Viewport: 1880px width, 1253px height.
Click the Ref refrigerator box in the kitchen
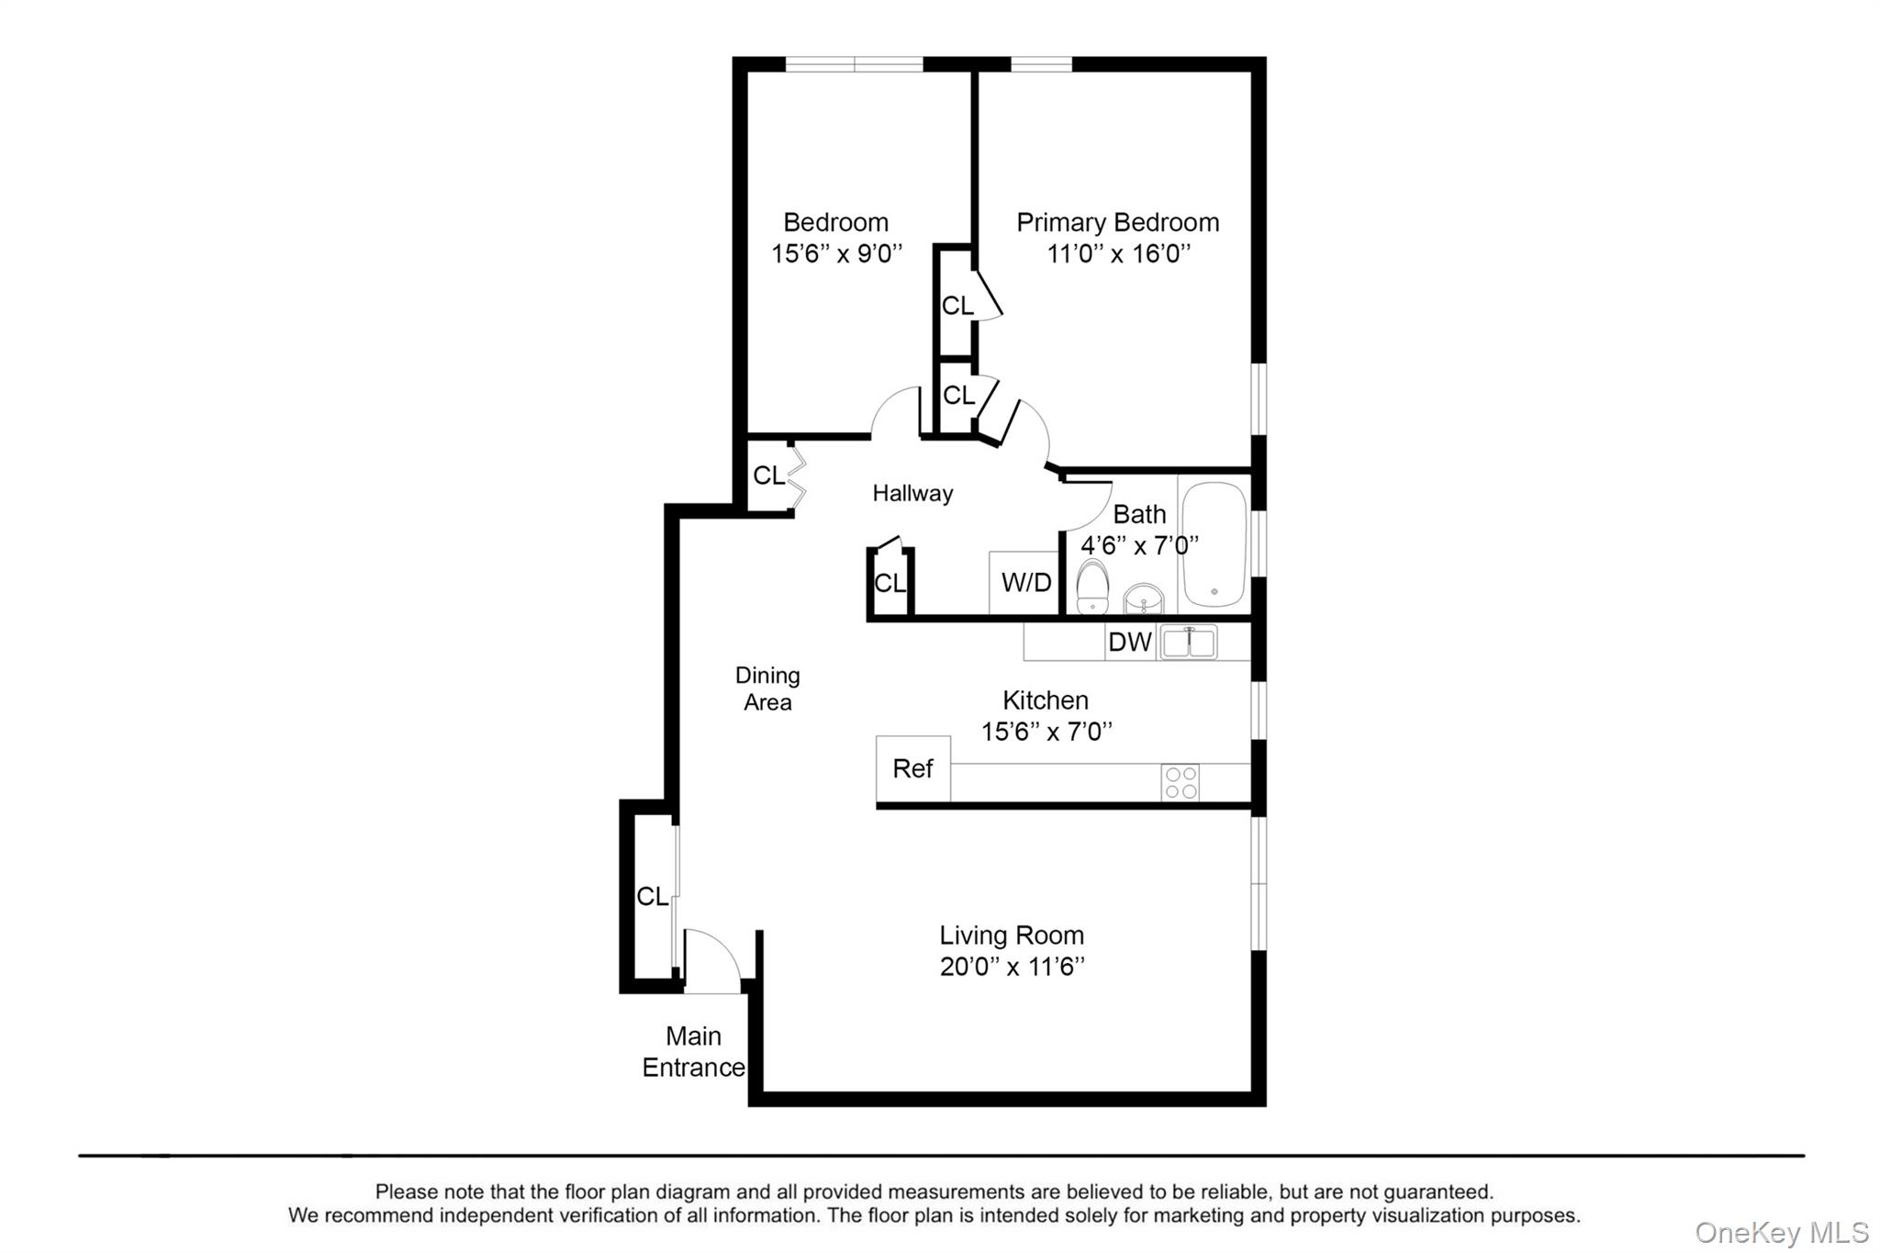coord(912,768)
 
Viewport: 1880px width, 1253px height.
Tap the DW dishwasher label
coord(1129,642)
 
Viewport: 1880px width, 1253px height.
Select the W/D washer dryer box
coord(1025,582)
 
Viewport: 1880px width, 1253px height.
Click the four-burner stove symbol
coord(1180,782)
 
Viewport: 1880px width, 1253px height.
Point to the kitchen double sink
coord(1189,643)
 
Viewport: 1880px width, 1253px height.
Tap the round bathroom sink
coord(1144,599)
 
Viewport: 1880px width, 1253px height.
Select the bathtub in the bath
coord(1214,544)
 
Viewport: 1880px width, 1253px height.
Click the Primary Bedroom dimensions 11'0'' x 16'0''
coord(1118,253)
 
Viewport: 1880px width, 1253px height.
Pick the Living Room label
coord(1012,935)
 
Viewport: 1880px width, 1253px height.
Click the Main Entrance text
coord(693,1052)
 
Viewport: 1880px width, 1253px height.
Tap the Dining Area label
coord(767,688)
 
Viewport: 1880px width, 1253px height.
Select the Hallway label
coord(912,493)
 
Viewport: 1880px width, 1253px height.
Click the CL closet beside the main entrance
coord(652,896)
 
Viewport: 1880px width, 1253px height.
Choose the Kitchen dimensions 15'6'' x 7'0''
coord(1046,732)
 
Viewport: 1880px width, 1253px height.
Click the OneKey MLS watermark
coord(1781,1232)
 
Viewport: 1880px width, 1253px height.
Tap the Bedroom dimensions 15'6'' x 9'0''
coord(836,253)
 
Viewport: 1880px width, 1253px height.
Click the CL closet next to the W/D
coord(889,583)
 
